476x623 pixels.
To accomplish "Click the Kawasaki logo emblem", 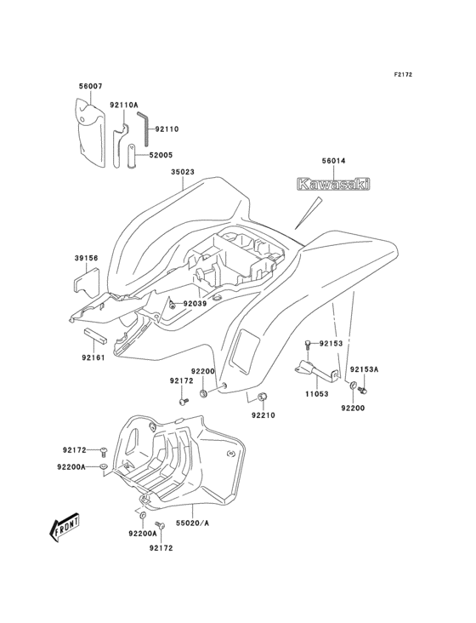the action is (333, 184).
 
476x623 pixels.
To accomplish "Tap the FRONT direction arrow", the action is (65, 528).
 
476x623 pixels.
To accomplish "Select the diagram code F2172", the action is (403, 74).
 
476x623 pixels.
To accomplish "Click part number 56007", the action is (89, 86).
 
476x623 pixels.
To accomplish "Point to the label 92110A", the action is (124, 105).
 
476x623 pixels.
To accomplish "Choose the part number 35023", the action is (183, 172).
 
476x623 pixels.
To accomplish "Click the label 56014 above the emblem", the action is (333, 161).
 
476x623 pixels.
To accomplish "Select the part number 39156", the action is (86, 258).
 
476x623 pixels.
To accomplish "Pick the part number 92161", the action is (93, 357).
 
